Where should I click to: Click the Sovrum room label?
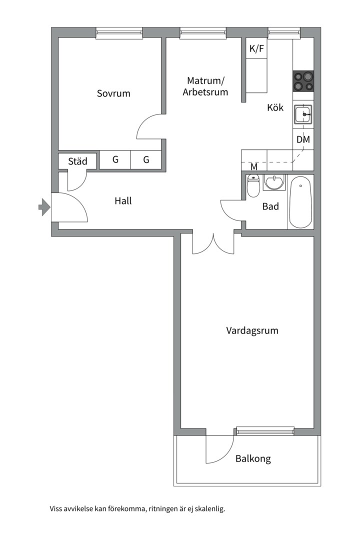click(113, 93)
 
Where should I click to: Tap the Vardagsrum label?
click(252, 330)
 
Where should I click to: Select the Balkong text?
click(253, 458)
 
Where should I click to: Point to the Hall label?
click(123, 201)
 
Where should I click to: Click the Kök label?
click(275, 107)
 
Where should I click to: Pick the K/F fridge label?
click(256, 49)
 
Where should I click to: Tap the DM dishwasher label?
click(303, 139)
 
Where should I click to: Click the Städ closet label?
click(77, 161)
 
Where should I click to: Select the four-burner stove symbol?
click(303, 81)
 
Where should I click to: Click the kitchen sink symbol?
click(303, 115)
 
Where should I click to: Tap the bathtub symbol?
click(300, 202)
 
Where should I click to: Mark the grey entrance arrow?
click(44, 206)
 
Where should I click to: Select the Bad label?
click(270, 206)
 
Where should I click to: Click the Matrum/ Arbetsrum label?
click(205, 86)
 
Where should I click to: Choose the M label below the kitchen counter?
click(254, 166)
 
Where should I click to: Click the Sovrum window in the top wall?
click(119, 33)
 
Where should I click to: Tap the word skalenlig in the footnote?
click(209, 509)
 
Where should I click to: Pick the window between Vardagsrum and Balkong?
click(265, 430)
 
